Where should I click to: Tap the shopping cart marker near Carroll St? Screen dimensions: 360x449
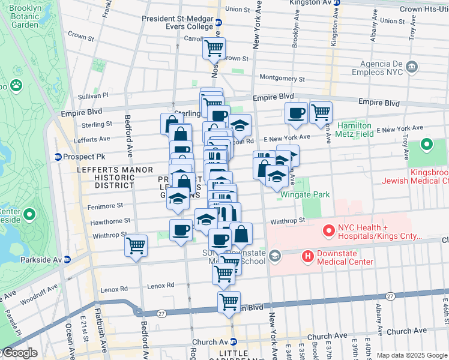214,47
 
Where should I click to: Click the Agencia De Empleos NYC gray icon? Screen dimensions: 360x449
412,66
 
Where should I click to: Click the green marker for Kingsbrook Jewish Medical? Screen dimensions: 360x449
427,145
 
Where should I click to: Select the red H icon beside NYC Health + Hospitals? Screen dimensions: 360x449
329,230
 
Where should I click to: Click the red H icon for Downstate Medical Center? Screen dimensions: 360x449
308,256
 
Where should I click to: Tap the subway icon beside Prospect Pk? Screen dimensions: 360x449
58,157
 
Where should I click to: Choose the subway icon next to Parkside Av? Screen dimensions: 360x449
67,260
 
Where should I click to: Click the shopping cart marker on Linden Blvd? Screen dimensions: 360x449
229,302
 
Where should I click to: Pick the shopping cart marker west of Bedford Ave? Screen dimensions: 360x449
136,245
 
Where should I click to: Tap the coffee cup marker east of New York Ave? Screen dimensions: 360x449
296,113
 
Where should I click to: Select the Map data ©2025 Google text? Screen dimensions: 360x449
412,355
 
